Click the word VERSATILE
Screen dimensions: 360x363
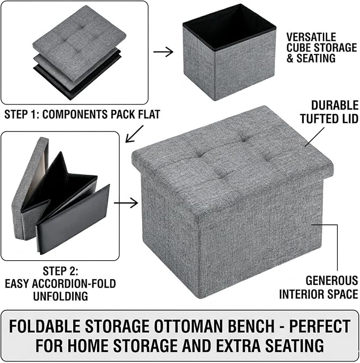pyautogui.click(x=311, y=37)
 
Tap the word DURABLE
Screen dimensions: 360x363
pyautogui.click(x=335, y=105)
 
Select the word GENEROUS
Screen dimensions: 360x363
pyautogui.click(x=332, y=280)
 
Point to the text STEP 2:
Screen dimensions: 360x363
pyautogui.click(x=60, y=271)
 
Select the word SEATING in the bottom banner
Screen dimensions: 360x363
pyautogui.click(x=294, y=346)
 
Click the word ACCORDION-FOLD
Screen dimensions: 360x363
pyautogui.click(x=74, y=284)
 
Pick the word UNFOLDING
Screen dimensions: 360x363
pyautogui.click(x=60, y=296)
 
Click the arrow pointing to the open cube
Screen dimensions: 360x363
pyautogui.click(x=163, y=51)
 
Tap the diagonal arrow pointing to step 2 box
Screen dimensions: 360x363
pyautogui.click(x=134, y=134)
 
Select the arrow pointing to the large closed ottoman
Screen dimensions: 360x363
pyautogui.click(x=126, y=203)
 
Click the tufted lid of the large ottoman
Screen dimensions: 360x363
pyautogui.click(x=232, y=157)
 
